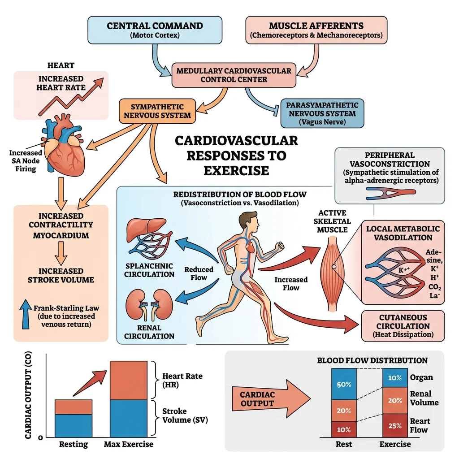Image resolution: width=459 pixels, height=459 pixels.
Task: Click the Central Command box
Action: click(x=155, y=30)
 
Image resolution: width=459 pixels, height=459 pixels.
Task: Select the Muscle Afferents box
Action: click(x=316, y=30)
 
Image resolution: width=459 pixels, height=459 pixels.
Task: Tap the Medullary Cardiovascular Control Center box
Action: click(x=234, y=75)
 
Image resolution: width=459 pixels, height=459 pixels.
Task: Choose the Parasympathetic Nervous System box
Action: click(x=322, y=113)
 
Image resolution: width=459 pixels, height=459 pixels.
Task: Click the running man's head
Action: click(x=245, y=220)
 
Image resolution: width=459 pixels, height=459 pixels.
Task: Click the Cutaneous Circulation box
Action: click(x=403, y=326)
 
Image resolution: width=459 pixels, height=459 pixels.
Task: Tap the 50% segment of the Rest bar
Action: click(x=343, y=384)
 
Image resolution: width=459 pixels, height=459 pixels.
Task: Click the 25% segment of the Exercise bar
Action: click(x=394, y=425)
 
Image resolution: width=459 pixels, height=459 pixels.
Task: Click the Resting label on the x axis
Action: click(x=74, y=444)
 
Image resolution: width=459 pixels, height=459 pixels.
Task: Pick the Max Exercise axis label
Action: click(x=129, y=444)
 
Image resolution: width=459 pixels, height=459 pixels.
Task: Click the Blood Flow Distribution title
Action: click(x=372, y=360)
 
